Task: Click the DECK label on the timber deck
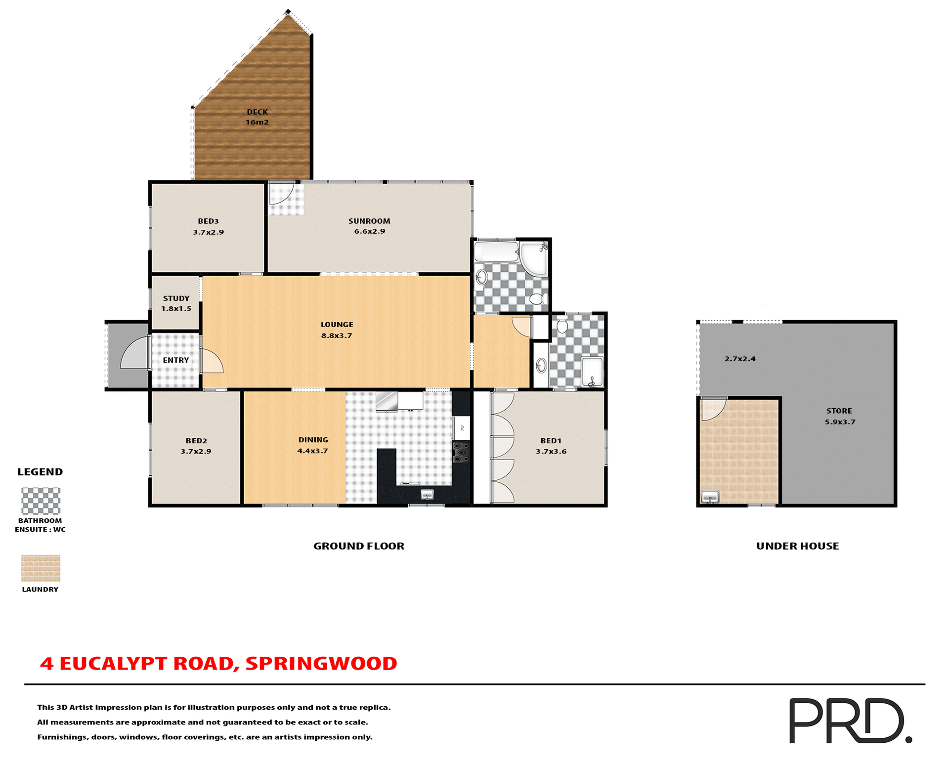[x=257, y=112]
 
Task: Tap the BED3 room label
[x=208, y=221]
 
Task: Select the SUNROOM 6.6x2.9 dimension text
[x=369, y=231]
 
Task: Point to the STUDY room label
[x=176, y=298]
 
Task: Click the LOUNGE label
[x=337, y=325]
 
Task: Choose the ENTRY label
[x=176, y=360]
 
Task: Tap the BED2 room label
[x=196, y=441]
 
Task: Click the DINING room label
[x=313, y=440]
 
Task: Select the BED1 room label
[x=551, y=441]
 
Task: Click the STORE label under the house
[x=839, y=411]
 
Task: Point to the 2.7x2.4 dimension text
[x=740, y=359]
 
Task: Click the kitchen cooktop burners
[x=461, y=452]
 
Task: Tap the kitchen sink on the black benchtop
[x=427, y=494]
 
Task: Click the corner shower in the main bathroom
[x=534, y=257]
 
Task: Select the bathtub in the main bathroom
[x=496, y=251]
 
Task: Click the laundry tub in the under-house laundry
[x=710, y=497]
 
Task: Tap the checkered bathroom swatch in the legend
[x=41, y=501]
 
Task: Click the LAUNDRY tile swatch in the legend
[x=41, y=568]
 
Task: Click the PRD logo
[x=850, y=720]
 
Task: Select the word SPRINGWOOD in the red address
[x=321, y=664]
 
